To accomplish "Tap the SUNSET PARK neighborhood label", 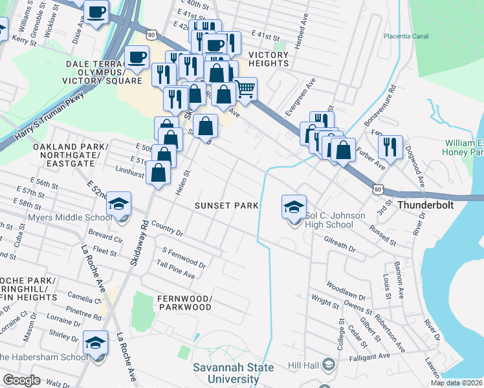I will click(227, 206).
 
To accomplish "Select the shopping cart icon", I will click(245, 89).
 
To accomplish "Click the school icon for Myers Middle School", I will click(118, 204).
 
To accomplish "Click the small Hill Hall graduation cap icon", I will click(328, 365).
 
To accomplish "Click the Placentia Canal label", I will click(406, 37).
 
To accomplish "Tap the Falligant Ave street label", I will click(371, 356).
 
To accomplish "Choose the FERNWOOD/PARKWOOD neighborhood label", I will click(184, 303).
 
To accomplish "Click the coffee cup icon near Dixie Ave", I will click(96, 13).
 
